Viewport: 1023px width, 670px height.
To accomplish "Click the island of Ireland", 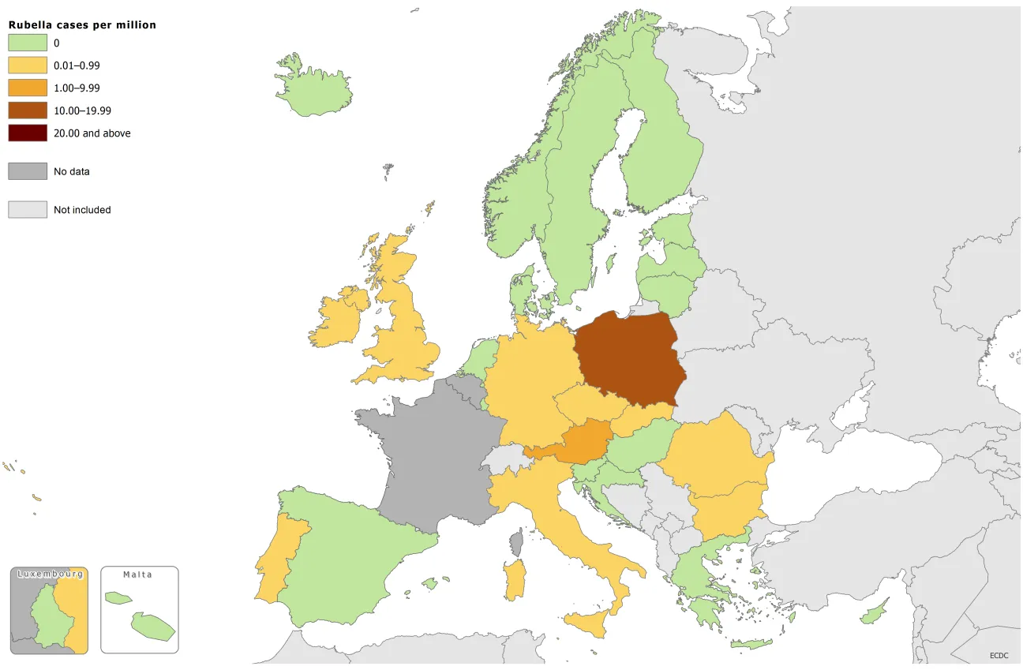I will [338, 320].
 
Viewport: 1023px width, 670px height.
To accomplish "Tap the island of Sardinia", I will [515, 580].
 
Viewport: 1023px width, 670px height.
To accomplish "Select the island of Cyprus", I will [874, 612].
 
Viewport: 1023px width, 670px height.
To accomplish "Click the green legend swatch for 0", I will [28, 43].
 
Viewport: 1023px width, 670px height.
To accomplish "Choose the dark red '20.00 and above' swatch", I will [28, 133].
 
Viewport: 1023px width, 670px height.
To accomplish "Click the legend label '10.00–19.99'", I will [82, 111].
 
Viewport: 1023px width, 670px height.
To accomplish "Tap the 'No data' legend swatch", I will [28, 171].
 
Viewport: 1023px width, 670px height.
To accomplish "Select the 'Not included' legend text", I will [82, 210].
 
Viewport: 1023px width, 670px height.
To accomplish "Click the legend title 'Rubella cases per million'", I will [82, 25].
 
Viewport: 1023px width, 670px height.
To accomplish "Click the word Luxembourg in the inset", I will [49, 574].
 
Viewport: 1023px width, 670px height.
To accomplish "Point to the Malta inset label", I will [138, 575].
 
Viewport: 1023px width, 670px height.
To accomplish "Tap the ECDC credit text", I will [999, 655].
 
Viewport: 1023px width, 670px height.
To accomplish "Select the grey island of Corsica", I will [518, 543].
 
